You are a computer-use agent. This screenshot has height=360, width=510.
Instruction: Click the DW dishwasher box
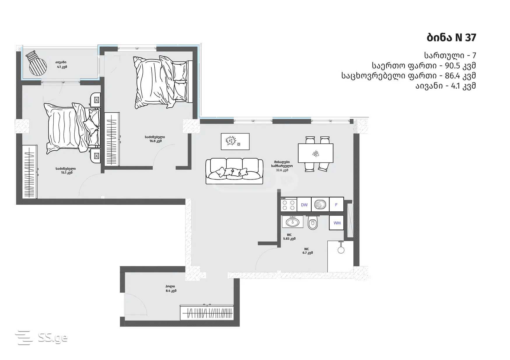click(x=304, y=205)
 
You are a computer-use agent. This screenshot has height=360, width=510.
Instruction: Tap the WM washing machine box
click(x=337, y=223)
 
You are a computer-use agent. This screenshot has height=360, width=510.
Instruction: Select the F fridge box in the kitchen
click(x=336, y=205)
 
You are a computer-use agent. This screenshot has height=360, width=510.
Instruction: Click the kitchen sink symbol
click(x=320, y=205)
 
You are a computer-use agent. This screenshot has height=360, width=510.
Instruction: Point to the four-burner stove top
click(x=289, y=205)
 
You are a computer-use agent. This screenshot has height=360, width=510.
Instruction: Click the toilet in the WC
click(x=312, y=223)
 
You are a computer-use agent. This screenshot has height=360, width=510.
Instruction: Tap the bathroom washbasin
click(x=292, y=222)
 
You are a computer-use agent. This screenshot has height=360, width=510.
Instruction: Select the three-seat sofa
click(x=234, y=171)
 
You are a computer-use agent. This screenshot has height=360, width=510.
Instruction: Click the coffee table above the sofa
click(x=235, y=141)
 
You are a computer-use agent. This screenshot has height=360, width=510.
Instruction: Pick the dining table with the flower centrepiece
click(x=316, y=153)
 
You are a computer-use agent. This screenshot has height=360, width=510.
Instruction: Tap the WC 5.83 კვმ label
click(x=289, y=237)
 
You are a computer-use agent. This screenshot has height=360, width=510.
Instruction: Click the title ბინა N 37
click(x=451, y=38)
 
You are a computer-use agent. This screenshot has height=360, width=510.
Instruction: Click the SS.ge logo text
click(x=53, y=338)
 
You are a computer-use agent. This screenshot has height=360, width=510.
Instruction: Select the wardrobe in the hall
click(x=207, y=312)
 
